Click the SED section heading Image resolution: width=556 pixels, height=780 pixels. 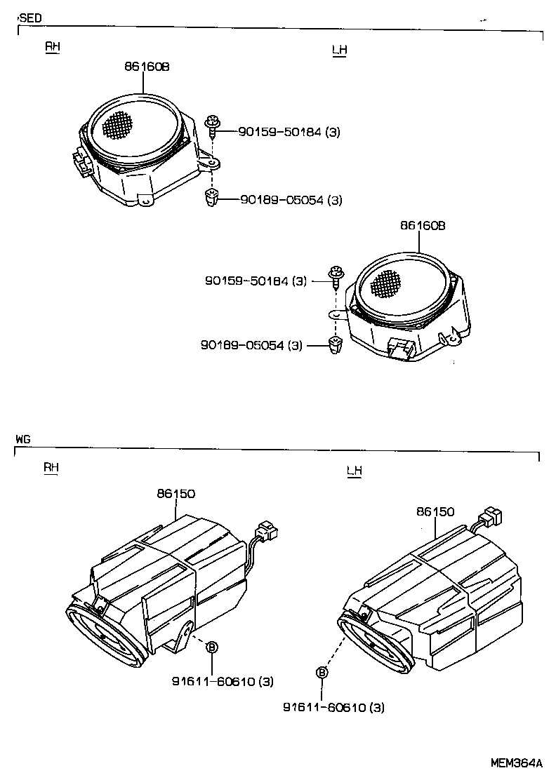pyautogui.click(x=31, y=18)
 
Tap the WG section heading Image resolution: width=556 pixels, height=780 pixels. pyautogui.click(x=23, y=438)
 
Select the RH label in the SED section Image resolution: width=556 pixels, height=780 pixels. pyautogui.click(x=53, y=46)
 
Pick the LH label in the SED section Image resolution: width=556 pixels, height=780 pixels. pyautogui.click(x=339, y=50)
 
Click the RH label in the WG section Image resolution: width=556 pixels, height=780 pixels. pyautogui.click(x=51, y=467)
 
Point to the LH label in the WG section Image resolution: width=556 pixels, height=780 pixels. pyautogui.click(x=355, y=471)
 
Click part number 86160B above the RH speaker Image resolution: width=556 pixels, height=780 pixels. pyautogui.click(x=147, y=67)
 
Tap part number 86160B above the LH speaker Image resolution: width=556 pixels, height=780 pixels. pyautogui.click(x=423, y=226)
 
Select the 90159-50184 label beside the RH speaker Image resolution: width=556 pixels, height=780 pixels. pyautogui.click(x=289, y=131)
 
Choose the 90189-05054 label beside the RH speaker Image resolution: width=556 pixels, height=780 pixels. pyautogui.click(x=291, y=200)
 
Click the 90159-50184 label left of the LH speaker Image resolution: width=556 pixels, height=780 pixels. pyautogui.click(x=256, y=281)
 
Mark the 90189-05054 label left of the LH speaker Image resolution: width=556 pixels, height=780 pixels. pyautogui.click(x=251, y=345)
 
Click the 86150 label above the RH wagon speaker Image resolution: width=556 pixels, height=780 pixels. pyautogui.click(x=176, y=495)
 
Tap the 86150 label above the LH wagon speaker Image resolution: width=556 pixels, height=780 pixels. pyautogui.click(x=435, y=513)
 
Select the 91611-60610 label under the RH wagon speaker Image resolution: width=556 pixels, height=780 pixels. pyautogui.click(x=223, y=681)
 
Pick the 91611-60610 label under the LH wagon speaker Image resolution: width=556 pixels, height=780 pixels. pyautogui.click(x=333, y=708)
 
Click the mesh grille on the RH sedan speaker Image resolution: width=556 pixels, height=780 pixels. pyautogui.click(x=117, y=125)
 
